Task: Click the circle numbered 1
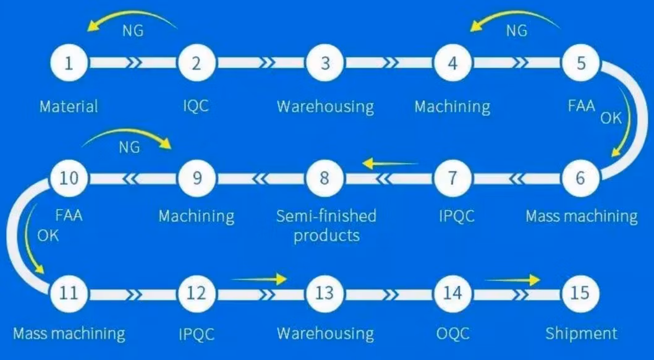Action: (69, 63)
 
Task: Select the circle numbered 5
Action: (580, 63)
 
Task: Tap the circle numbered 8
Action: (325, 178)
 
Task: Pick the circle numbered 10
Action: (69, 178)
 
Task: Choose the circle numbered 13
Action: (325, 293)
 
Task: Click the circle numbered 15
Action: (580, 293)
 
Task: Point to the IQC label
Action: (196, 106)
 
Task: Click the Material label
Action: (69, 106)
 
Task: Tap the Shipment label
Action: (581, 334)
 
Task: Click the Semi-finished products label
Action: (326, 225)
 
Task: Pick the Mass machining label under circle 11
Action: (69, 335)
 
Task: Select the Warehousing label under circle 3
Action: (325, 106)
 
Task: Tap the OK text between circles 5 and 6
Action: (611, 118)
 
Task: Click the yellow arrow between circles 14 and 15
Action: (512, 280)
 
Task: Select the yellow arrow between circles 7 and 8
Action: (391, 164)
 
